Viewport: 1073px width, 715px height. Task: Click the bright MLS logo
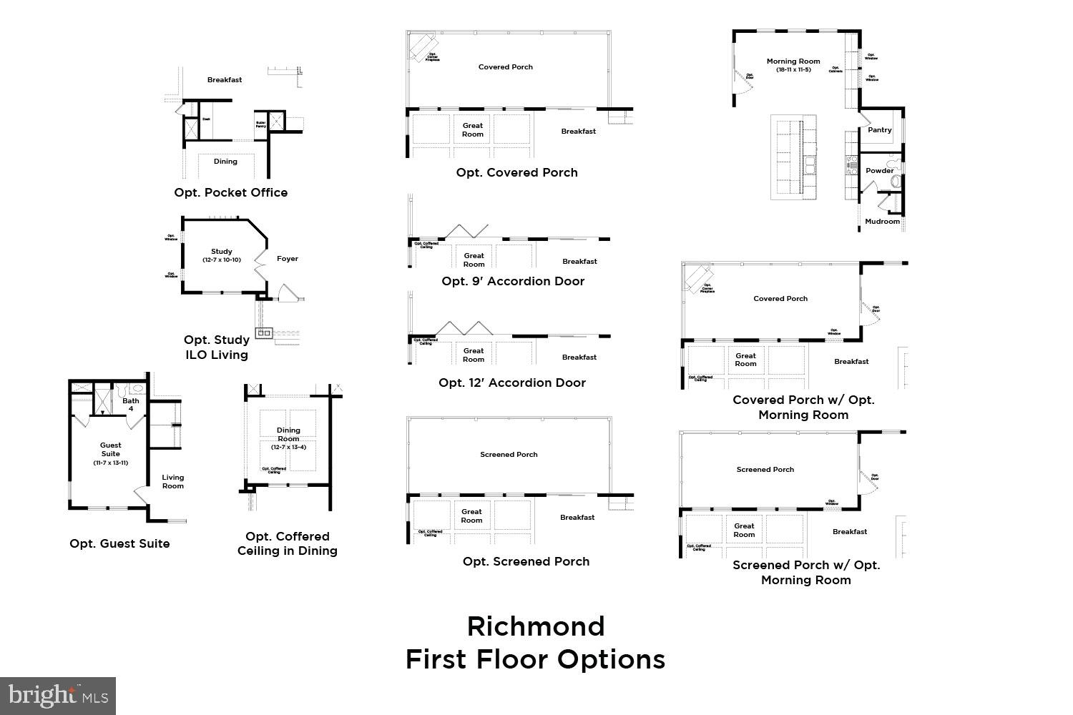pyautogui.click(x=58, y=696)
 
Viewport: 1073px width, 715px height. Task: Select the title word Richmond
pyautogui.click(x=536, y=626)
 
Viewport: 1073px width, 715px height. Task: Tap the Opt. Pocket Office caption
pyautogui.click(x=230, y=192)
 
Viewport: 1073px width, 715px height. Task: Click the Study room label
pyautogui.click(x=222, y=252)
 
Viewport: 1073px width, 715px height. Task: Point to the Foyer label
pyautogui.click(x=288, y=259)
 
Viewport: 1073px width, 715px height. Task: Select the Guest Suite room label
pyautogui.click(x=110, y=449)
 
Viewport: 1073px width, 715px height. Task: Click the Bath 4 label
pyautogui.click(x=131, y=405)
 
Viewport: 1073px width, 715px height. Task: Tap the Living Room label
pyautogui.click(x=172, y=481)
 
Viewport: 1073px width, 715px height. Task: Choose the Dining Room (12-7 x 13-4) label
pyautogui.click(x=288, y=435)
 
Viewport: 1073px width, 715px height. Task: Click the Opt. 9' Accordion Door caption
pyautogui.click(x=513, y=281)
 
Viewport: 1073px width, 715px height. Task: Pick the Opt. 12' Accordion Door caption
pyautogui.click(x=512, y=383)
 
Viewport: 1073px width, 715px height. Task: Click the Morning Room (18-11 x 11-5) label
pyautogui.click(x=793, y=65)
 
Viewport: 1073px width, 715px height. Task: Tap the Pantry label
pyautogui.click(x=879, y=130)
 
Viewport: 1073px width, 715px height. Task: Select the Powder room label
pyautogui.click(x=879, y=171)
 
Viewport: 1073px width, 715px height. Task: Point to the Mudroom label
pyautogui.click(x=882, y=222)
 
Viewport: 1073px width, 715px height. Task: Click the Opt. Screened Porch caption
pyautogui.click(x=526, y=561)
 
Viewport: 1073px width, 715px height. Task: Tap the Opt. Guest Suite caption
pyautogui.click(x=119, y=543)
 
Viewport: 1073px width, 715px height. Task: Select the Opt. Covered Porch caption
pyautogui.click(x=516, y=172)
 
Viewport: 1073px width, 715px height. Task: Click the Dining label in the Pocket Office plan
pyautogui.click(x=225, y=162)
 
